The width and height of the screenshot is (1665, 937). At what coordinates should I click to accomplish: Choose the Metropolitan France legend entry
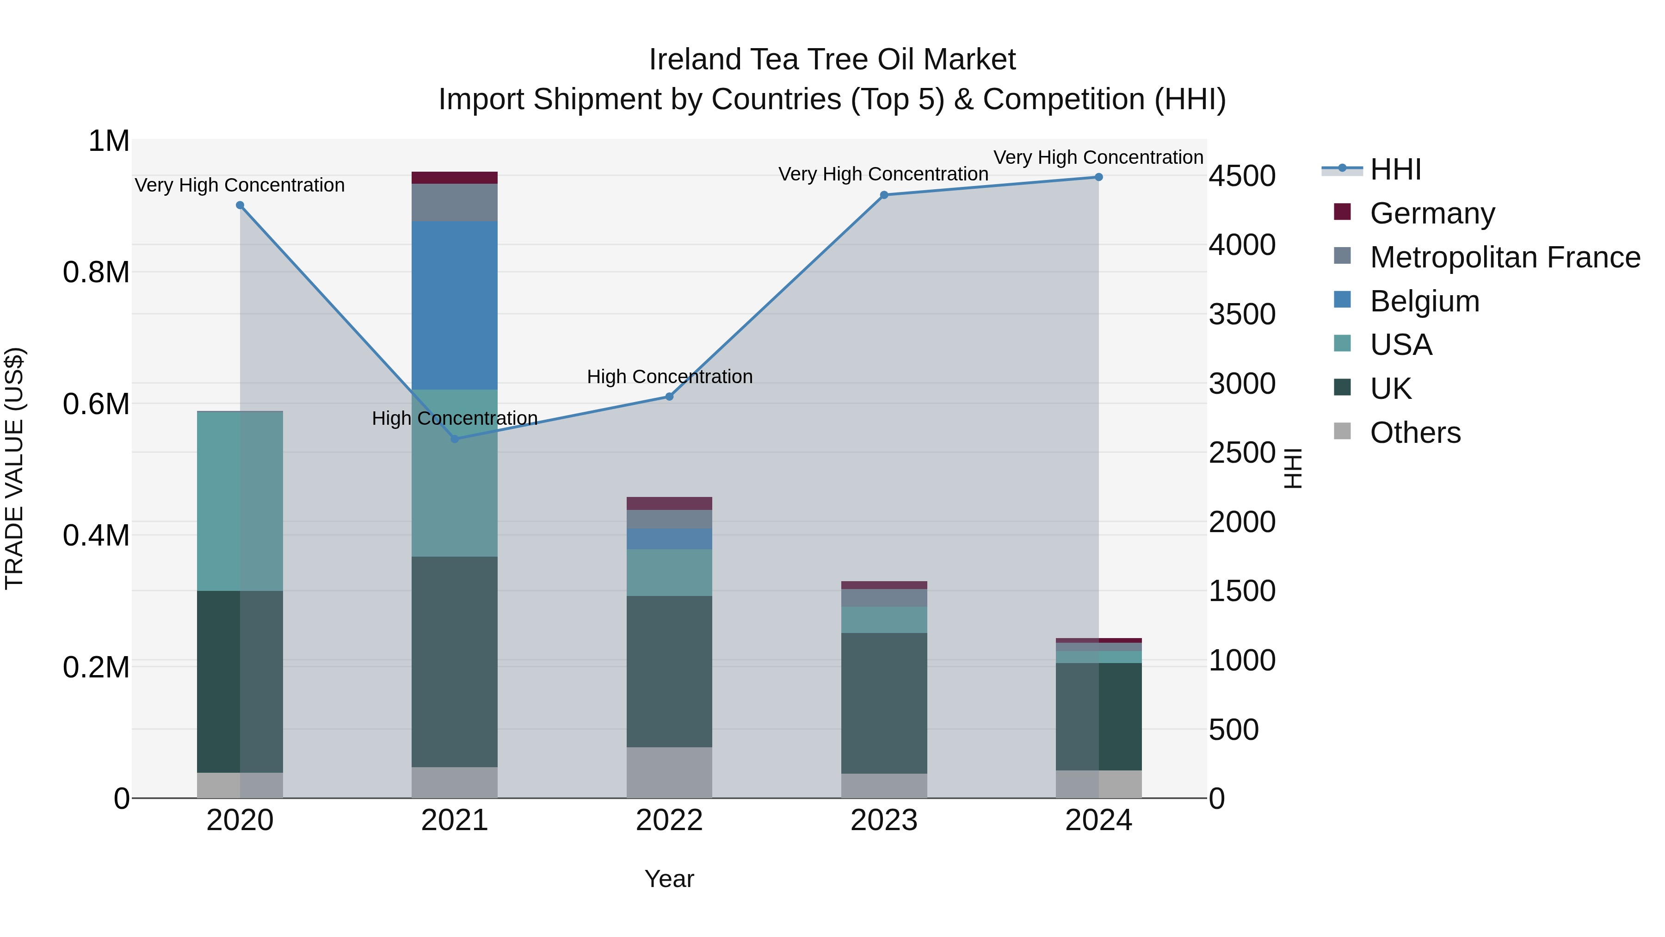point(1505,257)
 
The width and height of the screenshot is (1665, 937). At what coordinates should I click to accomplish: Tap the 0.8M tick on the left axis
point(96,272)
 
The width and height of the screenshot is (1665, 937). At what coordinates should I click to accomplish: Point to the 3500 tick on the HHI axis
point(1242,314)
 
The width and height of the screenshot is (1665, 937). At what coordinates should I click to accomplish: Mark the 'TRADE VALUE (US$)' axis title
point(14,468)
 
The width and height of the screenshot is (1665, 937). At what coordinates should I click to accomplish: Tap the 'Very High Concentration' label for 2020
point(240,185)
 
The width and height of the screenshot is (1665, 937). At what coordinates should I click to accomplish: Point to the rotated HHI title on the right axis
point(1292,468)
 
